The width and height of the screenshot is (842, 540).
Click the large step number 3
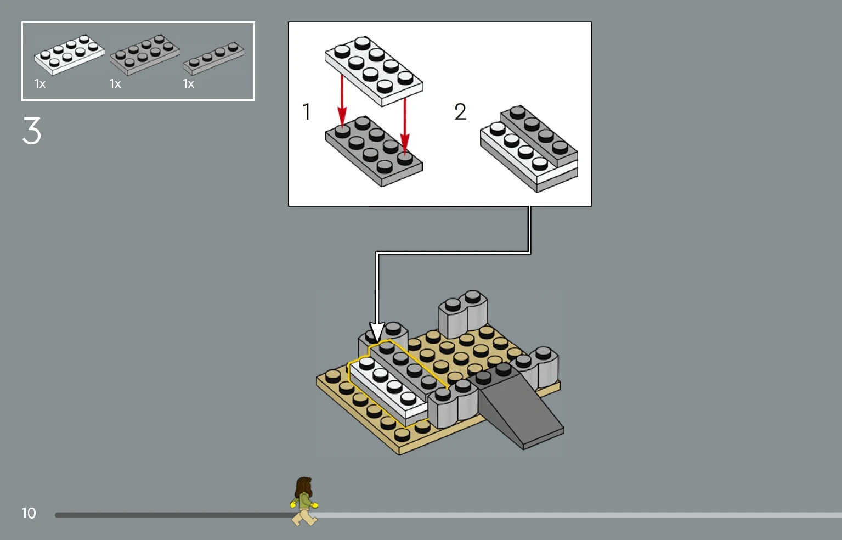tap(32, 131)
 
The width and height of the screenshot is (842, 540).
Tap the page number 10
tap(29, 513)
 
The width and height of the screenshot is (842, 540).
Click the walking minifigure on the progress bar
tap(304, 501)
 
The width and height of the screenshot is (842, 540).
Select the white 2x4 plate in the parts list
tap(69, 55)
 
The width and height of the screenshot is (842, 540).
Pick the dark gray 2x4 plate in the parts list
tap(145, 55)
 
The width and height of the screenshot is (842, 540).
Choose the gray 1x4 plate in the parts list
tap(213, 58)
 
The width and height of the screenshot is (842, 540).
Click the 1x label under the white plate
tap(40, 83)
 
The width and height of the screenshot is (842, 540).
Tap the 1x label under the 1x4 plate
tap(188, 83)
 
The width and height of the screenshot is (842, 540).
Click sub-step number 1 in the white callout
tap(306, 112)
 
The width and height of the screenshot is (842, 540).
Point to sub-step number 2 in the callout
tap(460, 112)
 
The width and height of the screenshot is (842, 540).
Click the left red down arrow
tap(342, 101)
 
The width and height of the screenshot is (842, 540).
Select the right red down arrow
tap(405, 126)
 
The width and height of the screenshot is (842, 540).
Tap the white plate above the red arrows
tap(374, 71)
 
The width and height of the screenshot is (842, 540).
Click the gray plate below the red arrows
tap(374, 151)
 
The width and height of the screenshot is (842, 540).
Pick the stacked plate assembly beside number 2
tap(529, 149)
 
